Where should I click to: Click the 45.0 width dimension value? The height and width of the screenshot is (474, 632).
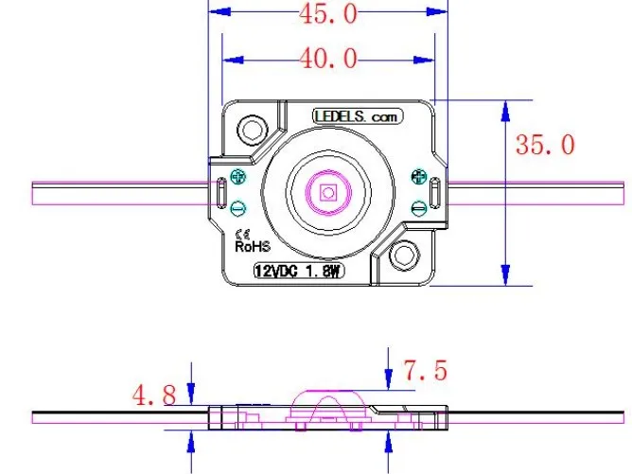pos(328,13)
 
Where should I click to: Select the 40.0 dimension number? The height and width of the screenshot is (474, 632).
pos(328,60)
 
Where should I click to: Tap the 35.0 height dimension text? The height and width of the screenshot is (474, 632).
pos(545,145)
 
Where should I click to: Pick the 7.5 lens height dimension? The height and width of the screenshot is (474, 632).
pos(425,370)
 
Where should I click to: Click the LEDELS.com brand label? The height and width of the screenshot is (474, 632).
pos(359,115)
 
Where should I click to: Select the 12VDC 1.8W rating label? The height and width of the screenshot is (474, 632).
pos(297,271)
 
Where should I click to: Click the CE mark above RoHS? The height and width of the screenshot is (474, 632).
pos(241,233)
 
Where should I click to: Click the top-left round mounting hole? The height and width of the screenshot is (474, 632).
pos(252,128)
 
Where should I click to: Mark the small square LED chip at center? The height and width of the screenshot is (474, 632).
pos(327,193)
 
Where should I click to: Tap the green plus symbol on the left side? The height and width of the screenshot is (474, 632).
pos(237,176)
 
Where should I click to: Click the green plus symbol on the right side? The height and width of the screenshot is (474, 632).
pos(418,176)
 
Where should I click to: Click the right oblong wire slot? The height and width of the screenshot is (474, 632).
pos(434,193)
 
